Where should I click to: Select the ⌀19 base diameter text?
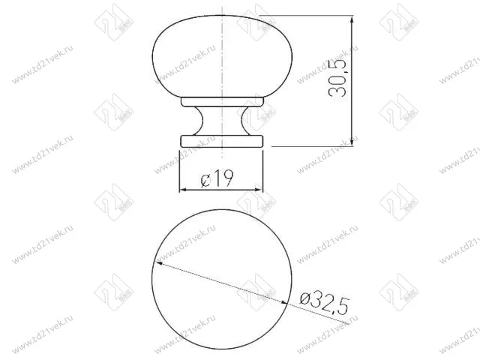[217, 178]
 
